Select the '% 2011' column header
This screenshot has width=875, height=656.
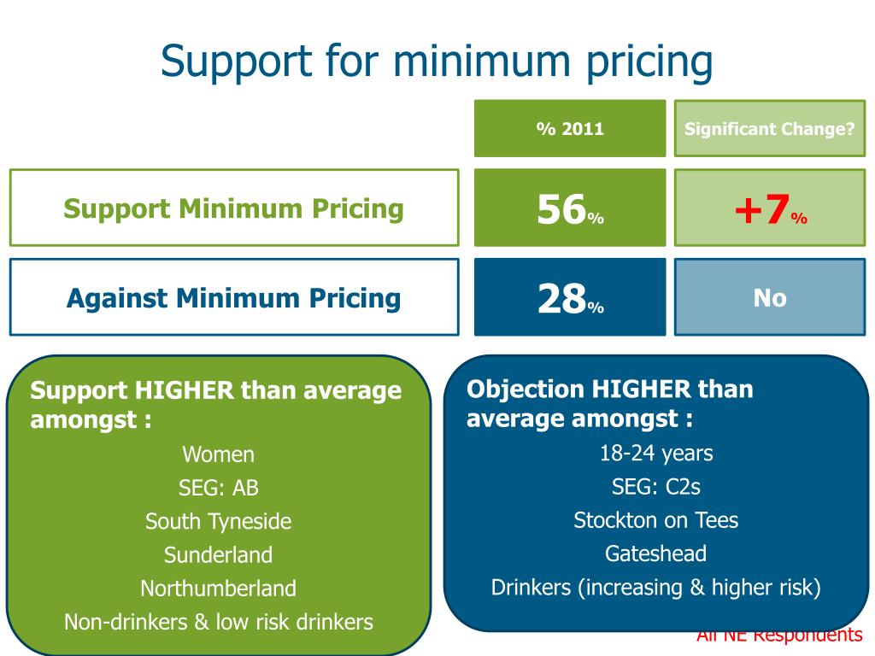click(x=570, y=129)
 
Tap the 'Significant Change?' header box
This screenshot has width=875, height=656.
click(x=770, y=129)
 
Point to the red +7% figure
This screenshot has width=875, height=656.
click(x=770, y=211)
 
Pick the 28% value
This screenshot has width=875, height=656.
click(x=570, y=299)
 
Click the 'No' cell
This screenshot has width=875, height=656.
click(x=770, y=298)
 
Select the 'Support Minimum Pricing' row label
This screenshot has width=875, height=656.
click(x=234, y=208)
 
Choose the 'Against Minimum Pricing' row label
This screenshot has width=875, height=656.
click(x=234, y=298)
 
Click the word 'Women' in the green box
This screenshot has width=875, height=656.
click(x=219, y=454)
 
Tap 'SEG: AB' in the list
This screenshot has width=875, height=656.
click(x=219, y=488)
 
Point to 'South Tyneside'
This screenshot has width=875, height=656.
click(x=219, y=521)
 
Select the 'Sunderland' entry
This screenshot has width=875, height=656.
click(x=219, y=554)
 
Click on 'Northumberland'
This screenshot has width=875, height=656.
click(x=219, y=589)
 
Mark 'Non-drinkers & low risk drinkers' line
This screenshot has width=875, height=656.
click(x=219, y=622)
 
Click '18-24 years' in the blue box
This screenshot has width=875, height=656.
click(x=656, y=453)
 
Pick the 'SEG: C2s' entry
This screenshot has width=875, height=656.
click(x=656, y=487)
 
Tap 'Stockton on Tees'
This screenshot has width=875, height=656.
click(x=656, y=520)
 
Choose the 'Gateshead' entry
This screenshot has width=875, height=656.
click(x=656, y=553)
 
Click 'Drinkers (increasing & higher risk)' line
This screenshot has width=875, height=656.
click(x=656, y=588)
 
